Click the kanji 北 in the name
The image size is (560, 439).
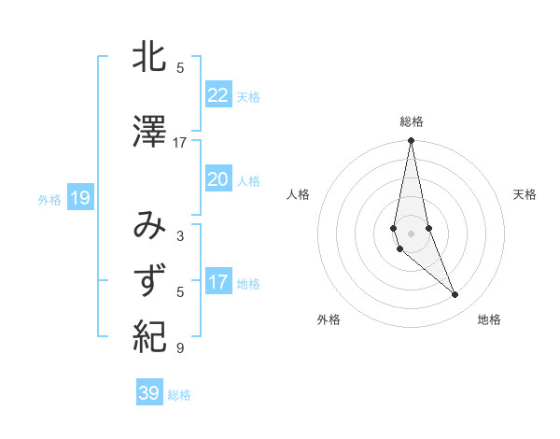[149, 60]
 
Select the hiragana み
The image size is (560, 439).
[149, 226]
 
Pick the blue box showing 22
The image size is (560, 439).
[217, 95]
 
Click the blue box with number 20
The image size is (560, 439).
[217, 179]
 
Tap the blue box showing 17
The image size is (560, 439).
[217, 282]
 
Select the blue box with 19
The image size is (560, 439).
[79, 198]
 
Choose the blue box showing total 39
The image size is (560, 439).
[148, 393]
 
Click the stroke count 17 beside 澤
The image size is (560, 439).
[180, 143]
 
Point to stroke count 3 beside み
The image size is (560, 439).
[180, 236]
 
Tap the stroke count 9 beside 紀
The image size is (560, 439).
[180, 348]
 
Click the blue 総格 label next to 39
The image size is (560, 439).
[179, 395]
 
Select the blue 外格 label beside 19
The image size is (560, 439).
[49, 199]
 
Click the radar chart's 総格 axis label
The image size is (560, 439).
[411, 121]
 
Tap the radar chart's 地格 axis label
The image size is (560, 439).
[489, 319]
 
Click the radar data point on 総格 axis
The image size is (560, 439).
[411, 141]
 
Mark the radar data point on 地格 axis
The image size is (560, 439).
[455, 295]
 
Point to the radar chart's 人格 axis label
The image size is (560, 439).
[298, 194]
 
